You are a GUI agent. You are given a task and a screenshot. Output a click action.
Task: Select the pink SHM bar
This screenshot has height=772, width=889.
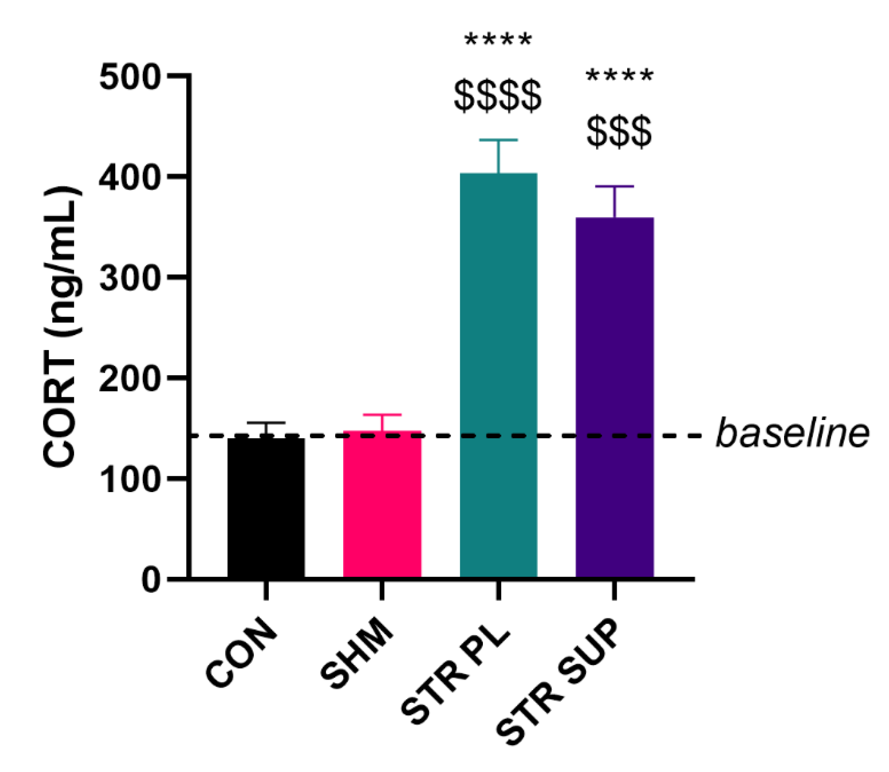coord(382,504)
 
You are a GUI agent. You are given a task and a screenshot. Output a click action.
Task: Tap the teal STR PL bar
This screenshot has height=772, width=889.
coord(499,375)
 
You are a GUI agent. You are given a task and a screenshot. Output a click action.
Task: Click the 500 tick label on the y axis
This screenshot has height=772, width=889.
coord(128,78)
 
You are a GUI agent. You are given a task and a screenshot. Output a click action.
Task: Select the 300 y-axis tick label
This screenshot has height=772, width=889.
coord(128,278)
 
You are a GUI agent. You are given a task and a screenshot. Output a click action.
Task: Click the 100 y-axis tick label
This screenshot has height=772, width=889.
coord(128,479)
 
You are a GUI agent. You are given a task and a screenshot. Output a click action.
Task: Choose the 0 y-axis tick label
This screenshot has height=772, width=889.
coord(151,580)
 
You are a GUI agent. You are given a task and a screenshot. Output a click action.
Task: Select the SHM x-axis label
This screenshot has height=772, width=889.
coord(357,655)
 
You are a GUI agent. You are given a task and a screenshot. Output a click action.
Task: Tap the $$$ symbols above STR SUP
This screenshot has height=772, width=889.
coord(619,132)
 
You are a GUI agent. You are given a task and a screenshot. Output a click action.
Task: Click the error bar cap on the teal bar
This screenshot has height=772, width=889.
coord(498,140)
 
